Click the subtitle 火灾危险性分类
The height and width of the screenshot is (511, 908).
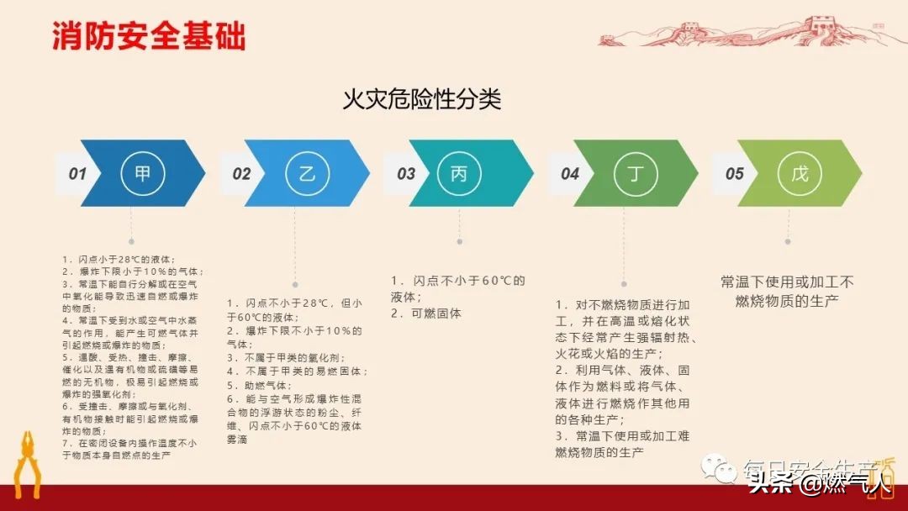(x=421, y=100)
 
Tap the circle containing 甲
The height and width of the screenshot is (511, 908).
(x=142, y=174)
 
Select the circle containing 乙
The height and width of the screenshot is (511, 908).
(x=307, y=174)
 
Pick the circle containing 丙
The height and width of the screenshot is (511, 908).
(x=459, y=174)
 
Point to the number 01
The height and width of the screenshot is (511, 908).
(x=77, y=174)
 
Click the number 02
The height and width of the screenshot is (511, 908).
(x=241, y=174)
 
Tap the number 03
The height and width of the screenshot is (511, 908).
(x=406, y=174)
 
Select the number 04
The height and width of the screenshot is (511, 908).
(x=570, y=174)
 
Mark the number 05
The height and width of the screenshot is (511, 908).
(x=734, y=174)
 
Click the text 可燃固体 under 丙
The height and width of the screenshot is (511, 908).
(x=438, y=313)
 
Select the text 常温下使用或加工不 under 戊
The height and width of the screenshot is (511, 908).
(x=787, y=282)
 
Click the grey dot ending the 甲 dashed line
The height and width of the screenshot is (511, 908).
(x=130, y=241)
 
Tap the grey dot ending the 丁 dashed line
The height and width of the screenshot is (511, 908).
(x=623, y=284)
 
